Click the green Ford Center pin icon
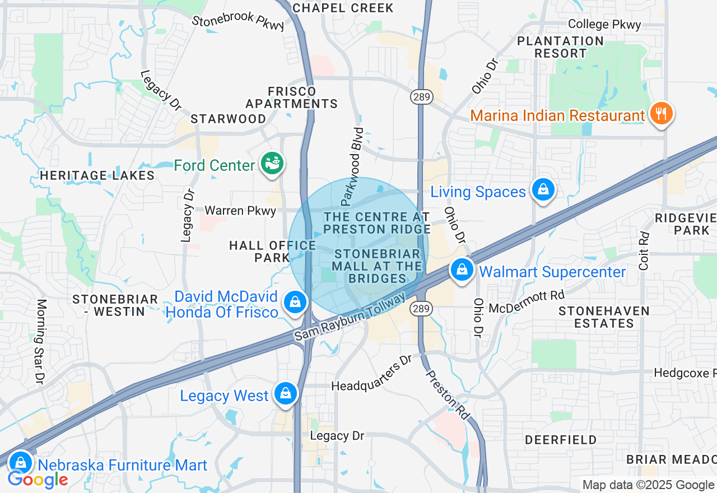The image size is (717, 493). point(272,164)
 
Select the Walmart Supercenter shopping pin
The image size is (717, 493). point(462,271)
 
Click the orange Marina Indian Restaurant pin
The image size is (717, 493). point(662,114)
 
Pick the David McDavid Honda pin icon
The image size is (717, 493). point(295,303)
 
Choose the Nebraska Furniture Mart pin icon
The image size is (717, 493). point(21,463)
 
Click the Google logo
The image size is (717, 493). point(38,480)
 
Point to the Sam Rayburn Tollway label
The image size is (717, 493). point(350,317)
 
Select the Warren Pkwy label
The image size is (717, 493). point(240,211)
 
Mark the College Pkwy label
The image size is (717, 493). point(604,24)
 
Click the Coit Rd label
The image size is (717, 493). point(644,250)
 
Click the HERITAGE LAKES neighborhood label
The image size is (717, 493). point(97,175)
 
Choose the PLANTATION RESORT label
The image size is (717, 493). point(560,47)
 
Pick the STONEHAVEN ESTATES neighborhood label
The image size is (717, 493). point(604,317)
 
